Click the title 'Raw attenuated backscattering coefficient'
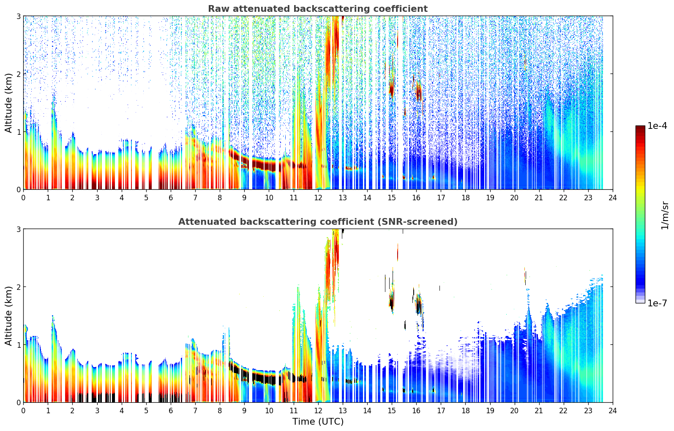pyautogui.click(x=317, y=9)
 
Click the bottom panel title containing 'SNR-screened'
pyautogui.click(x=317, y=222)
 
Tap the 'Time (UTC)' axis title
pyautogui.click(x=318, y=421)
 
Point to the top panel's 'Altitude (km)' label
pyautogui.click(x=8, y=103)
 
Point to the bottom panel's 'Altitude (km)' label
pyautogui.click(x=8, y=316)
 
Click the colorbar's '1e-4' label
pyautogui.click(x=657, y=126)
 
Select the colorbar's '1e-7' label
pyautogui.click(x=657, y=303)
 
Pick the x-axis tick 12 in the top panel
pyautogui.click(x=318, y=197)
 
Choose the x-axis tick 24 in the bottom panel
pyautogui.click(x=612, y=410)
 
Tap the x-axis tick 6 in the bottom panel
pyautogui.click(x=171, y=410)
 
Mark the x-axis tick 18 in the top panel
pyautogui.click(x=465, y=197)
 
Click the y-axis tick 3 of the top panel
pyautogui.click(x=18, y=16)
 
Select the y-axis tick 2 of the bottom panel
pyautogui.click(x=18, y=287)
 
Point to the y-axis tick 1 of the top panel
pyautogui.click(x=18, y=132)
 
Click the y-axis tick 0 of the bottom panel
pyautogui.click(x=18, y=402)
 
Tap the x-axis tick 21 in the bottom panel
pyautogui.click(x=539, y=410)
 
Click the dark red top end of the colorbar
pyautogui.click(x=640, y=128)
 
